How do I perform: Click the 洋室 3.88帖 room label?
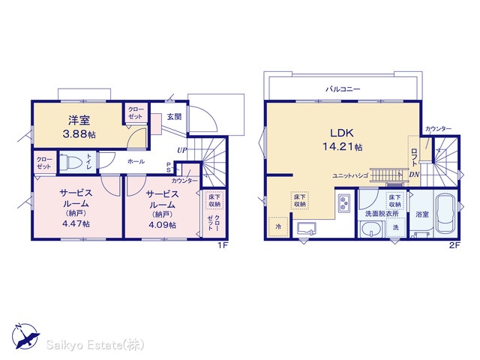click(x=79, y=127)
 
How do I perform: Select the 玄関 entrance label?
click(x=174, y=117)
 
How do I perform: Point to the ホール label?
click(x=136, y=161)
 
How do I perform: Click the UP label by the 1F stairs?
click(x=181, y=150)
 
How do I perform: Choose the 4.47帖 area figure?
click(x=76, y=223)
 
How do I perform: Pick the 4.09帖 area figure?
click(x=162, y=225)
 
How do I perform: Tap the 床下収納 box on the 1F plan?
click(x=214, y=200)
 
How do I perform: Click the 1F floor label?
click(x=223, y=245)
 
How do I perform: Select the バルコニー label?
click(x=343, y=89)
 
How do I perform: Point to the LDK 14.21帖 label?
click(x=342, y=140)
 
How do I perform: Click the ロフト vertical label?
click(x=414, y=157)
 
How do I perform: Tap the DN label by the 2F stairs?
click(x=414, y=175)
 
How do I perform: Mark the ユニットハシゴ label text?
click(x=350, y=175)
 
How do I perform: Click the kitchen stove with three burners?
click(x=345, y=203)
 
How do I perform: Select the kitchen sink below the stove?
click(x=307, y=229)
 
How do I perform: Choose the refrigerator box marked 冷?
click(x=278, y=226)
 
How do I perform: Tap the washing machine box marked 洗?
click(x=396, y=227)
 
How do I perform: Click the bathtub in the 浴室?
click(x=445, y=213)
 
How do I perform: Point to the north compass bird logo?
click(x=25, y=337)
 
